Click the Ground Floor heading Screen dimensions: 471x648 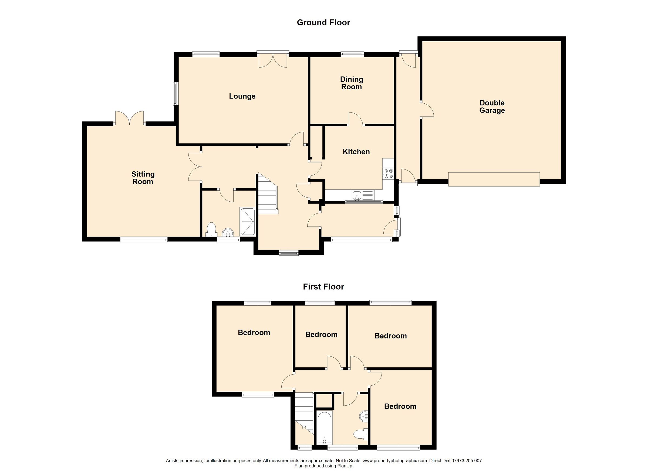(x=323, y=23)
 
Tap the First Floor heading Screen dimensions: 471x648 (x=323, y=287)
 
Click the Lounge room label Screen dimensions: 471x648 (x=242, y=96)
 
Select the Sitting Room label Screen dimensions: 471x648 (x=143, y=178)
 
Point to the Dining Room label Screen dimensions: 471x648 (x=352, y=83)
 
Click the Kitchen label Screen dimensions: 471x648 (x=356, y=152)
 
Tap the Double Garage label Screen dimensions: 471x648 (x=492, y=107)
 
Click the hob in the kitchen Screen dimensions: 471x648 (x=388, y=173)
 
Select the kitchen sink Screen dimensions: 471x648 (x=357, y=196)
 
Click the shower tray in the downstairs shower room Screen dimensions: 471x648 (x=247, y=222)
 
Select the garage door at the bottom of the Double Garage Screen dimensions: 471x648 (x=494, y=179)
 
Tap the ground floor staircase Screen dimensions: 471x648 (x=267, y=196)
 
